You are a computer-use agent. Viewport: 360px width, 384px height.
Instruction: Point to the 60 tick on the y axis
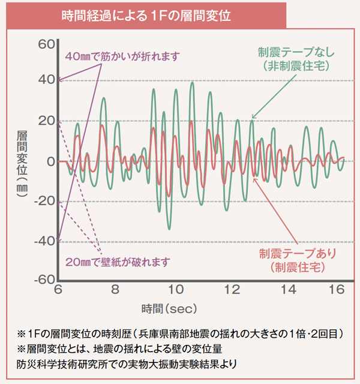tap(47, 44)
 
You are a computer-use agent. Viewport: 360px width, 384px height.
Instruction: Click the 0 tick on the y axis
tap(50, 161)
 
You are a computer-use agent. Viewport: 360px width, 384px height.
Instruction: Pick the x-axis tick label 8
tap(115, 290)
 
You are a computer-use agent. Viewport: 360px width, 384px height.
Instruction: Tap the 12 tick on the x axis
tap(231, 290)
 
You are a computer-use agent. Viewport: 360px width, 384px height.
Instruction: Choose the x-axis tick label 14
tap(289, 290)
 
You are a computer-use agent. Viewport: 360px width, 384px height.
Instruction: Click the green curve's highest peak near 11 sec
tap(192, 83)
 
